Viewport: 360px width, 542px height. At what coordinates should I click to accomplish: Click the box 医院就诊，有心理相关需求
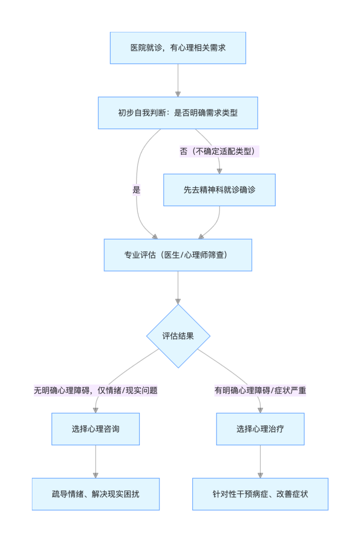(x=178, y=48)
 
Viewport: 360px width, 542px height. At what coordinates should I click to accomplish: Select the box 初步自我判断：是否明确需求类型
(x=178, y=113)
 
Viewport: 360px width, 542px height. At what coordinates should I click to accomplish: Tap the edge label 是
(x=136, y=190)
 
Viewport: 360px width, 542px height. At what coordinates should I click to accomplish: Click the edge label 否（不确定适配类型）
(x=218, y=152)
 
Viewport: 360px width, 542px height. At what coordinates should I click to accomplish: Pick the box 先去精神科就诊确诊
(x=220, y=190)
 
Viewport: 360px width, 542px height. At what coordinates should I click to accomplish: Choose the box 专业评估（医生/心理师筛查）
(x=178, y=255)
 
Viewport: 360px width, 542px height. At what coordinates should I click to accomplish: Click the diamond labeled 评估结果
(x=178, y=336)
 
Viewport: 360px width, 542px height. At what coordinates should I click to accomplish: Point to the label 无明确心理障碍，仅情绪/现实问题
(x=96, y=390)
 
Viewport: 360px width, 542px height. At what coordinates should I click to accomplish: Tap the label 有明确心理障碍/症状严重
(x=260, y=390)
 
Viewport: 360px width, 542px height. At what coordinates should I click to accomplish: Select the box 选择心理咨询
(x=96, y=429)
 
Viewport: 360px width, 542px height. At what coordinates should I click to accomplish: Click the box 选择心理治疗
(x=260, y=429)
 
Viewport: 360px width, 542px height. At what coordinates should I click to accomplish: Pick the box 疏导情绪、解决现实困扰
(x=96, y=494)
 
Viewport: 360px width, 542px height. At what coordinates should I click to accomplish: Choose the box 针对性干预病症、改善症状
(x=260, y=494)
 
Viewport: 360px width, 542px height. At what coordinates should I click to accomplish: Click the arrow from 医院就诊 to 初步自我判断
(x=178, y=80)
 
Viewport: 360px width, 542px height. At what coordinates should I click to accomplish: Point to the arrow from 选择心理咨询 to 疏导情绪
(x=96, y=462)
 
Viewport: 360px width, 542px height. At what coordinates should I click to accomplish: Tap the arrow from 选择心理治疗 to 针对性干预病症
(x=260, y=462)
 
